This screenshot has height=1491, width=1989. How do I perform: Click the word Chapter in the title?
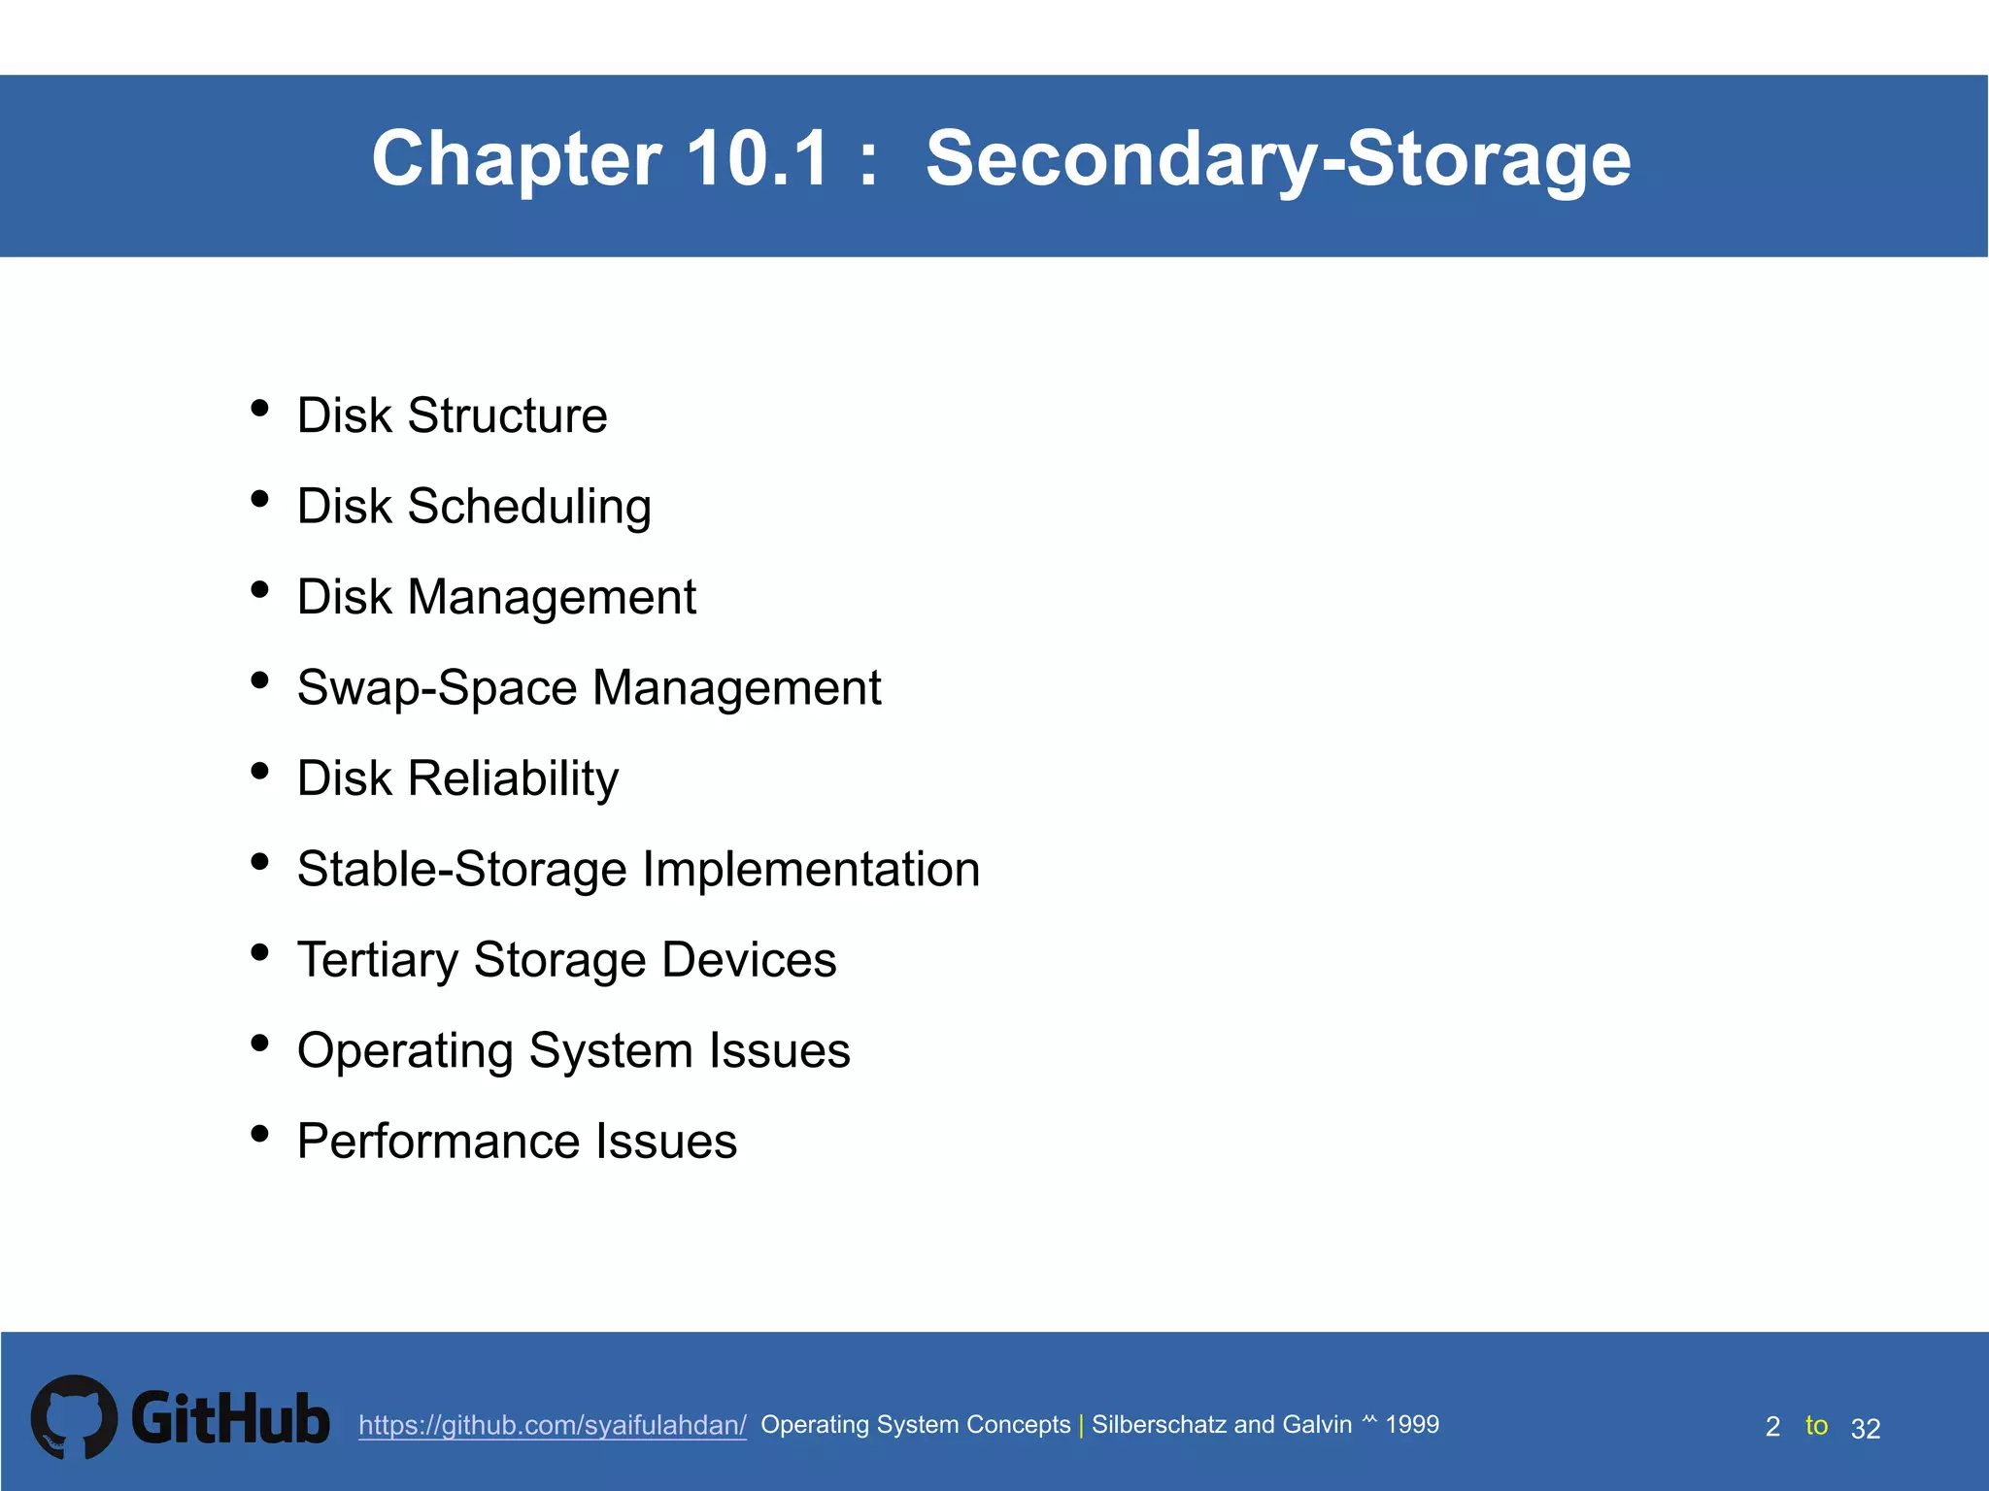pos(518,160)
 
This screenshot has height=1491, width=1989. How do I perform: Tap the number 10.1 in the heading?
pos(758,158)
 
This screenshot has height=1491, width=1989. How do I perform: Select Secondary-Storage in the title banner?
pos(1278,160)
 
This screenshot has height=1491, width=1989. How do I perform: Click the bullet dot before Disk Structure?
pos(259,409)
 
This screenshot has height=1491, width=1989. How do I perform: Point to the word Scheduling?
pos(529,507)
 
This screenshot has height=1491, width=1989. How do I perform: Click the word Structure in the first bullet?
pos(507,415)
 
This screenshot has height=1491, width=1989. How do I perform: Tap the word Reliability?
pos(513,779)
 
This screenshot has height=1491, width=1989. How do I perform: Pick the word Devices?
pos(749,960)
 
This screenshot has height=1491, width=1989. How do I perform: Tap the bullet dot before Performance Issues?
pos(259,1133)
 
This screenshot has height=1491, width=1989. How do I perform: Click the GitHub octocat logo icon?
pos(74,1417)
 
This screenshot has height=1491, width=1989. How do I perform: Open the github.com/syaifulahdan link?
pos(552,1425)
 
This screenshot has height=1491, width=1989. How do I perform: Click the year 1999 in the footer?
pos(1412,1424)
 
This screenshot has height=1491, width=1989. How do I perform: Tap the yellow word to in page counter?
pos(1816,1425)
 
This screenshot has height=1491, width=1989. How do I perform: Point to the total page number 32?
pos(1866,1428)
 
